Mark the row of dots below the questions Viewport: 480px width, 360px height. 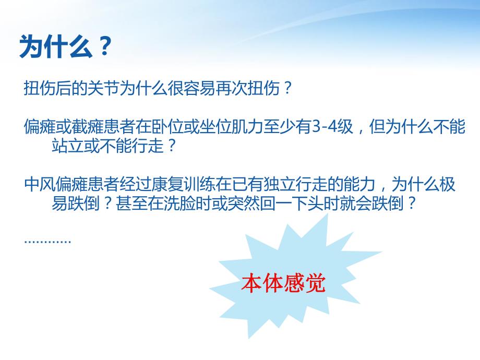[x=47, y=241]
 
